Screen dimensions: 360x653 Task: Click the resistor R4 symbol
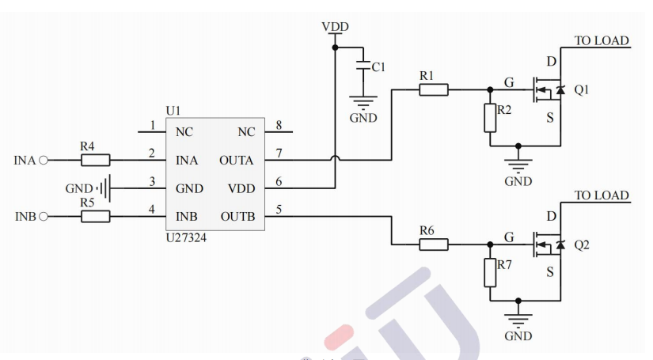[x=96, y=160]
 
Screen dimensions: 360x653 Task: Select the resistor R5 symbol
[x=96, y=217]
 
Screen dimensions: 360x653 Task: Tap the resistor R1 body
[x=433, y=89]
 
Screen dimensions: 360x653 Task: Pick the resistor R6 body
[x=433, y=244]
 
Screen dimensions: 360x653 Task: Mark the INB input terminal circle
[x=44, y=217]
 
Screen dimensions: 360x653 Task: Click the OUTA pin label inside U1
[x=236, y=161]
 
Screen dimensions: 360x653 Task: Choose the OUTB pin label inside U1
[x=236, y=217]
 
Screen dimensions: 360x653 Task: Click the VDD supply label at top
[x=335, y=27]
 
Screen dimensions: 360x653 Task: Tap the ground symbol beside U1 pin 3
[x=104, y=188]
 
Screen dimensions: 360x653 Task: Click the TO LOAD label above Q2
[x=601, y=195]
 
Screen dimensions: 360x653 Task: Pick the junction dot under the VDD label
[x=335, y=47]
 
